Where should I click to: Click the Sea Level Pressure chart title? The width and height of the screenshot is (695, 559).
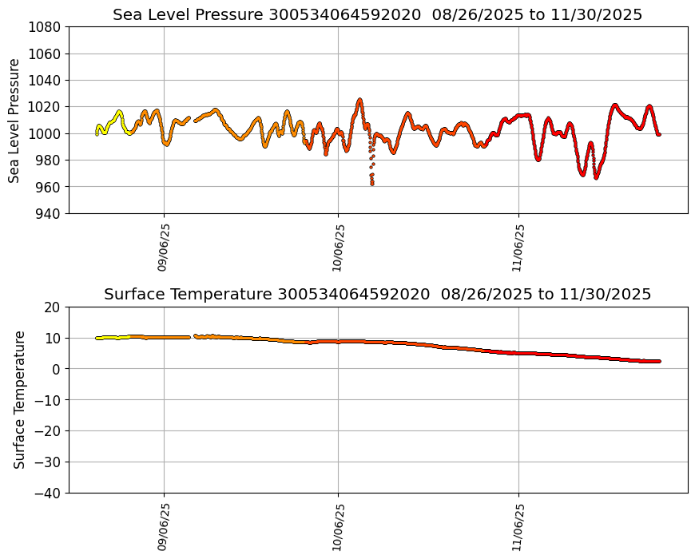click(x=377, y=14)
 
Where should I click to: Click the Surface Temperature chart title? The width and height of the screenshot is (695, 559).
click(x=377, y=294)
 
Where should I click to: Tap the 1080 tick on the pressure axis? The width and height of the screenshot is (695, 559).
click(x=46, y=27)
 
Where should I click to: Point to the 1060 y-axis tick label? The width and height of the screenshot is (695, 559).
click(x=46, y=54)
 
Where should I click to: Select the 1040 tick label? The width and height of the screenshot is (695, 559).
click(x=46, y=80)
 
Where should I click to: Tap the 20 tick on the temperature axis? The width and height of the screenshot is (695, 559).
click(x=54, y=307)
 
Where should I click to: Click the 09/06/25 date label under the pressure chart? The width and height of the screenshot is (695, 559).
click(x=163, y=248)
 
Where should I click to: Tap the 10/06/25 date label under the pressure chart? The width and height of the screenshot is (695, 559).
click(x=338, y=248)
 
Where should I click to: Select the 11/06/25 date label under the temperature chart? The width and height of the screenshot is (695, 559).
click(x=518, y=527)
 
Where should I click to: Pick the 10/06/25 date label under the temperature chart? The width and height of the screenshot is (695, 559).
click(x=338, y=527)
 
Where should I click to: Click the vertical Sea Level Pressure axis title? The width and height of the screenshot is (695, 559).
click(x=14, y=120)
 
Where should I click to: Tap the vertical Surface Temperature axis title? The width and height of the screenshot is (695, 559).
click(x=19, y=399)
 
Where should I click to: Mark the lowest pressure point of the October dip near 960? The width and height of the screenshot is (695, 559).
click(x=372, y=184)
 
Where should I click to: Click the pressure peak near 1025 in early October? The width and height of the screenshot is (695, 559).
click(x=359, y=100)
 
